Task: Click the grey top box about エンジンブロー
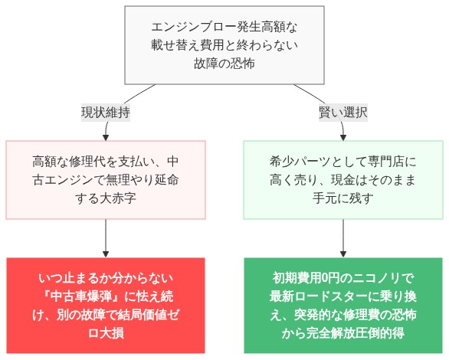pos(224,45)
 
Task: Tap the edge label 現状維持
pos(106,113)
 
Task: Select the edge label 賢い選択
pos(342,113)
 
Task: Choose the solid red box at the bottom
pos(106,305)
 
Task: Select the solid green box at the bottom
pos(342,305)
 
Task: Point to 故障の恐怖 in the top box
pos(224,64)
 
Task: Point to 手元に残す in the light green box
pos(342,198)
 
